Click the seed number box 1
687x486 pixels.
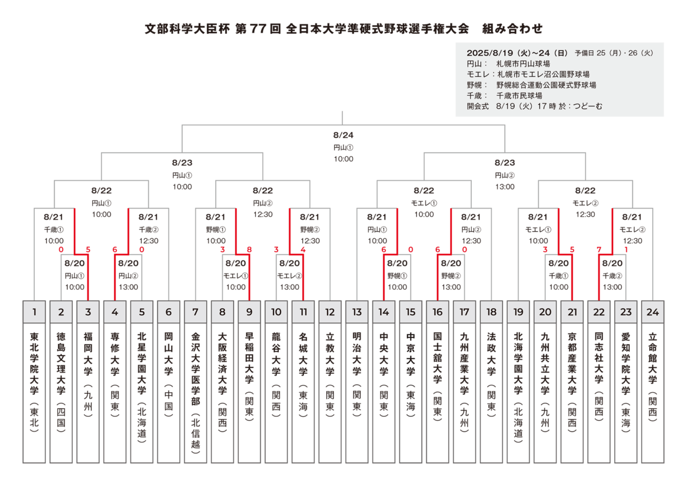click(34, 312)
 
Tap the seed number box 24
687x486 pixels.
click(653, 312)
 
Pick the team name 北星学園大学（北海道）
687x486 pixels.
click(142, 388)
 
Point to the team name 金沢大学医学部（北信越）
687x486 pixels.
click(195, 393)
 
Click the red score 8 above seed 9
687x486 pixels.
click(250, 250)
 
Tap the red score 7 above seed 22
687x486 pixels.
click(599, 250)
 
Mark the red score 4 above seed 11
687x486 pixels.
click(303, 250)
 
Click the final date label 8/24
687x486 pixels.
click(343, 135)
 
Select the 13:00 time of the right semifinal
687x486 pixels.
click(505, 187)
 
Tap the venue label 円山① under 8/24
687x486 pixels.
click(343, 148)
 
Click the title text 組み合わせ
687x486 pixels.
click(512, 29)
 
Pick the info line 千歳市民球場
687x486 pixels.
click(519, 96)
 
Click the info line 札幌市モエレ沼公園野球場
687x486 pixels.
click(543, 74)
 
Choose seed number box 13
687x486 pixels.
click(357, 312)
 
